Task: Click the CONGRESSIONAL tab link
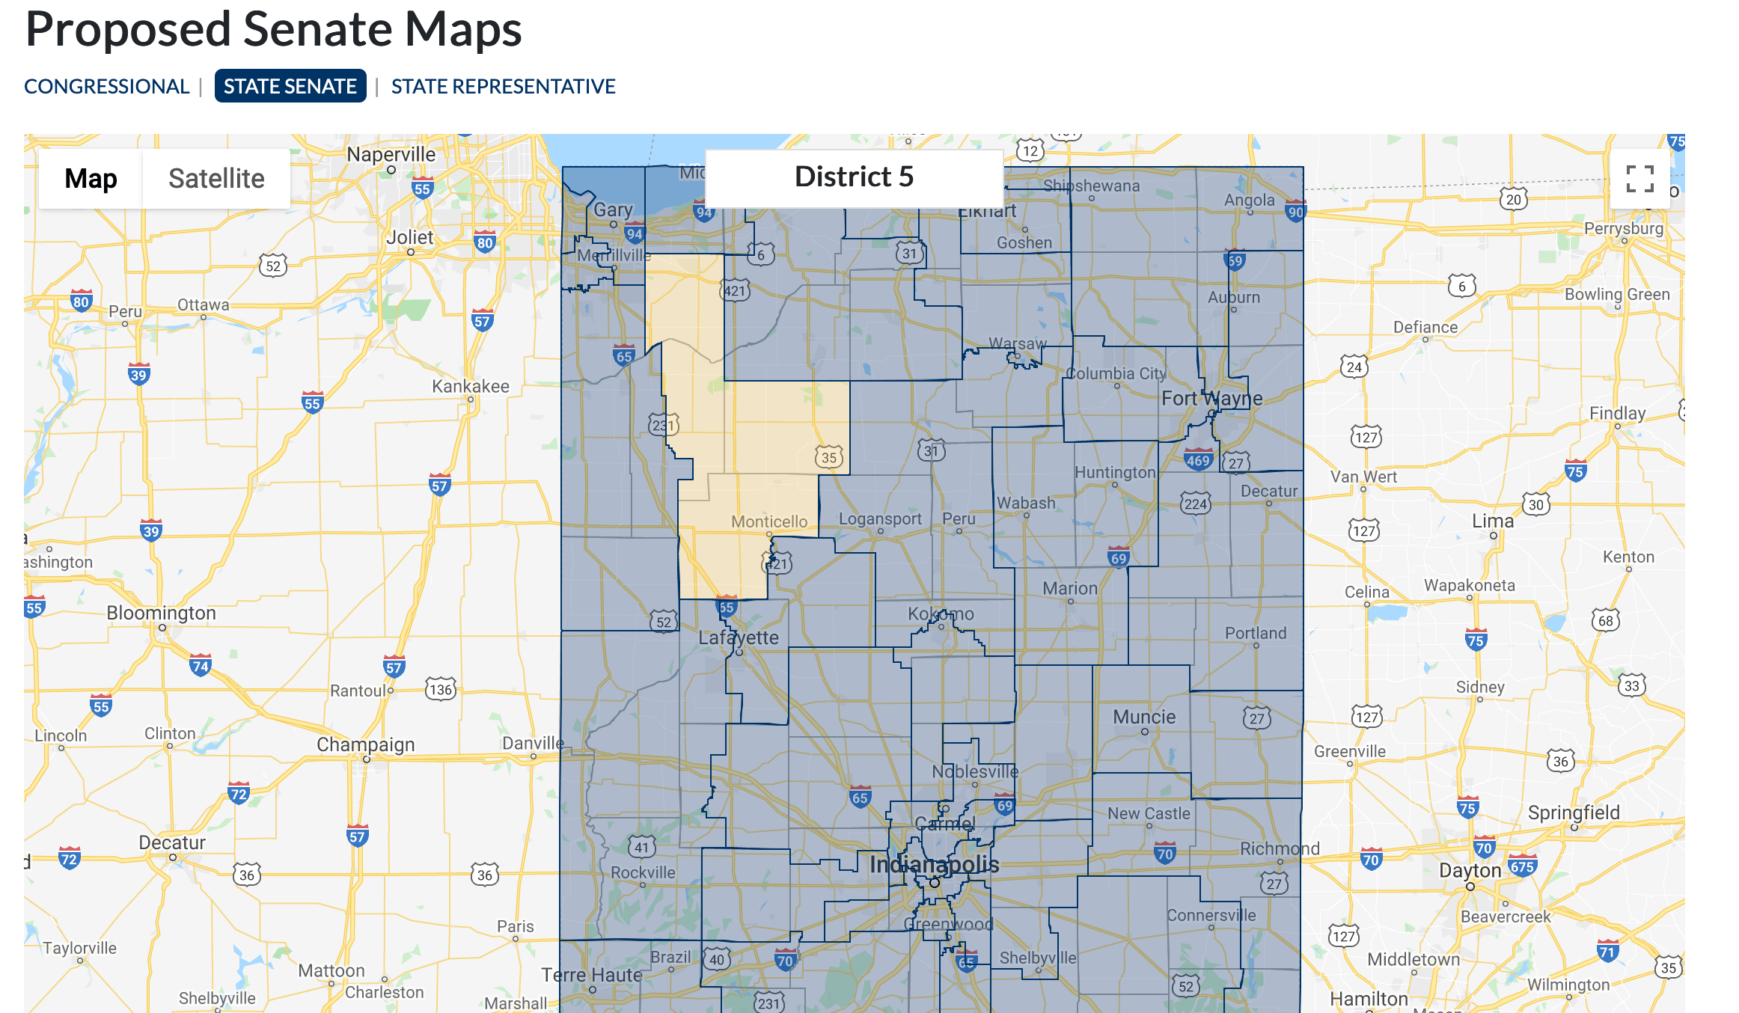click(106, 87)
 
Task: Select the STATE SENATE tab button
click(290, 87)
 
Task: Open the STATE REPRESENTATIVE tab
click(503, 87)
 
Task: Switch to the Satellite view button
click(216, 179)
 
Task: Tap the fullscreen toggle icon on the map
click(1639, 179)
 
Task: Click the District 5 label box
click(854, 177)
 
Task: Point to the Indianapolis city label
click(934, 865)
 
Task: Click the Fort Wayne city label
click(1211, 398)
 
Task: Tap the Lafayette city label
click(739, 637)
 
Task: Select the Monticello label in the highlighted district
click(769, 521)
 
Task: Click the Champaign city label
click(365, 744)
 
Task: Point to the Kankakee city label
click(470, 386)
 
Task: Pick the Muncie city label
click(1144, 717)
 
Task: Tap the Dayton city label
click(1470, 871)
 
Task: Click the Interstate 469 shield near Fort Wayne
click(1198, 460)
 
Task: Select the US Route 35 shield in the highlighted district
click(829, 457)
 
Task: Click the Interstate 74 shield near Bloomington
click(200, 665)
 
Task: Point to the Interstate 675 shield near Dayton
click(1522, 866)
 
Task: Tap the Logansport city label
click(880, 518)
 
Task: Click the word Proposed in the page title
click(128, 30)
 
